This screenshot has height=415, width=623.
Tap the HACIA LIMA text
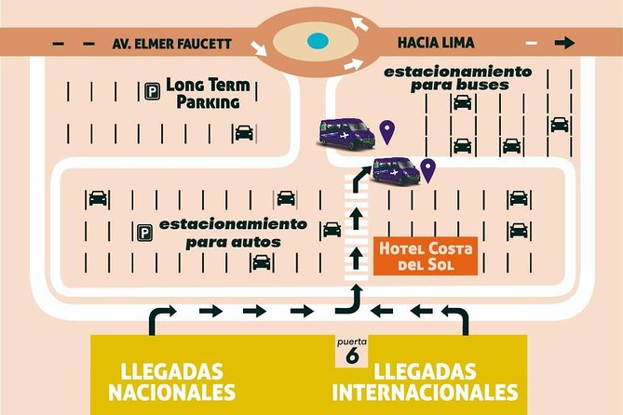click(435, 43)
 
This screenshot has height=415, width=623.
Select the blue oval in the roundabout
click(318, 41)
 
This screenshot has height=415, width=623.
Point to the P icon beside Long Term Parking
click(151, 91)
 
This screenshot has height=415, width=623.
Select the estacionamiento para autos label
click(232, 233)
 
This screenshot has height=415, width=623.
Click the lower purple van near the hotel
click(396, 170)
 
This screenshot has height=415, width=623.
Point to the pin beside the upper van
click(386, 131)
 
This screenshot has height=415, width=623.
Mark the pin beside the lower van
click(428, 168)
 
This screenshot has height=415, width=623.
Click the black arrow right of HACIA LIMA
click(562, 43)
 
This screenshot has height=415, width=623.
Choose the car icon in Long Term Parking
click(244, 133)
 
